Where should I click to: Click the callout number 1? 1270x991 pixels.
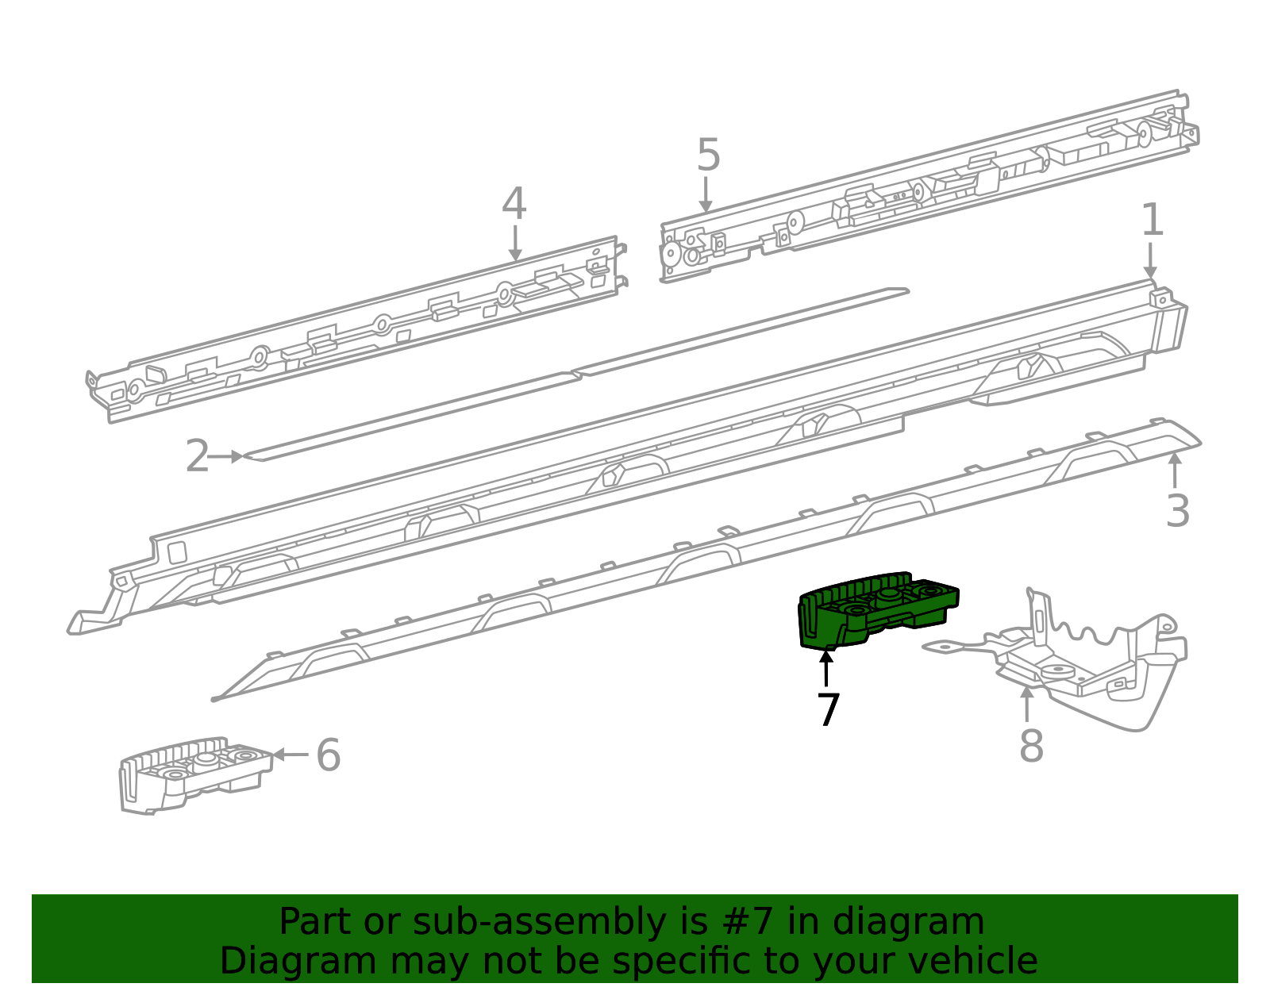[1152, 220]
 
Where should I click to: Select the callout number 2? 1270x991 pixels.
[197, 456]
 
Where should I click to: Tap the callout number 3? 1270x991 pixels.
[1178, 511]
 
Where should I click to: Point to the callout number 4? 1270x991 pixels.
[514, 204]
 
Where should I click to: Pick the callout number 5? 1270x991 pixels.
[708, 155]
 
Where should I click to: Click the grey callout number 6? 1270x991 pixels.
[329, 755]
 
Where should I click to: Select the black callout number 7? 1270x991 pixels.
[828, 709]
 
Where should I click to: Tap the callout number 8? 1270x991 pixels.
[1032, 745]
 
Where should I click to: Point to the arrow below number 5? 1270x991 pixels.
[706, 194]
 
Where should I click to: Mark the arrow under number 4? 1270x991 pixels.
[515, 243]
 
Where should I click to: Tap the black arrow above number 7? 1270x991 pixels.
[825, 669]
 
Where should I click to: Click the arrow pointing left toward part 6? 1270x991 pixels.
[291, 755]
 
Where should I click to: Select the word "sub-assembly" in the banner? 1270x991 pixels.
[539, 922]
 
